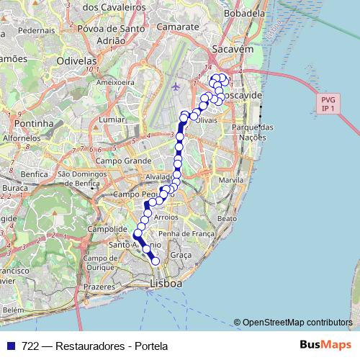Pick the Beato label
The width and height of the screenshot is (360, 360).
[x=226, y=217]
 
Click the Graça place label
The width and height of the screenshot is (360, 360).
[x=181, y=255]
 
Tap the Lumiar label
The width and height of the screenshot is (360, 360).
[x=112, y=118]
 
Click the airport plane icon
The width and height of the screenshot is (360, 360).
[x=177, y=87]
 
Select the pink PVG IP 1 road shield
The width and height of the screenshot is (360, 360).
[x=329, y=104]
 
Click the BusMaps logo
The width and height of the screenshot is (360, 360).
[x=323, y=344]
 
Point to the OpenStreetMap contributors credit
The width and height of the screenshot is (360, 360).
[x=297, y=322]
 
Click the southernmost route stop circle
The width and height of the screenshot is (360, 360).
[x=154, y=261]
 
